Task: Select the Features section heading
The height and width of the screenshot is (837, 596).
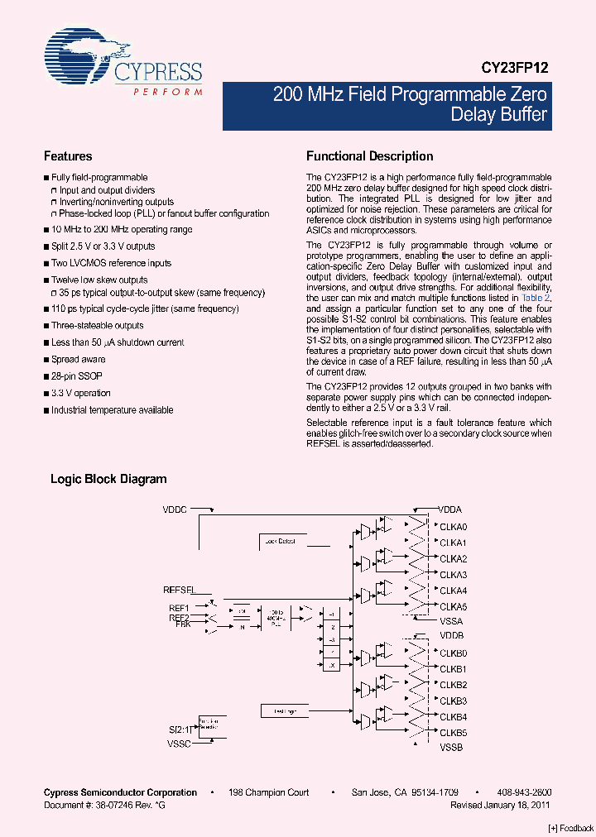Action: [68, 156]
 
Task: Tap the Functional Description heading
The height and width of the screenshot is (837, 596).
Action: [370, 156]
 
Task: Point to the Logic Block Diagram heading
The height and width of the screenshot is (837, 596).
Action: [108, 479]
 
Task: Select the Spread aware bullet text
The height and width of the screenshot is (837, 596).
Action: [79, 360]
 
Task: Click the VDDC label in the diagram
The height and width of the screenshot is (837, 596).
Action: [175, 510]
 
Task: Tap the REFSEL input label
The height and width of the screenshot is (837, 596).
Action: [179, 590]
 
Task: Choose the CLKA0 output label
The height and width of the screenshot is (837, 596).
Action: [454, 527]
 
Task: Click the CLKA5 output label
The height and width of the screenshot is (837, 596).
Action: [454, 606]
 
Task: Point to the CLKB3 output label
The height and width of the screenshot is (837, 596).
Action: [454, 701]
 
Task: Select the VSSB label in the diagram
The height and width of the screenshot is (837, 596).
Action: [451, 748]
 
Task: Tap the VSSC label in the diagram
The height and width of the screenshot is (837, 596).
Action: [178, 744]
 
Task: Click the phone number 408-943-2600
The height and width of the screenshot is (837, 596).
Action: [525, 792]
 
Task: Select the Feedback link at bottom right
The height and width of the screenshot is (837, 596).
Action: [571, 829]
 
